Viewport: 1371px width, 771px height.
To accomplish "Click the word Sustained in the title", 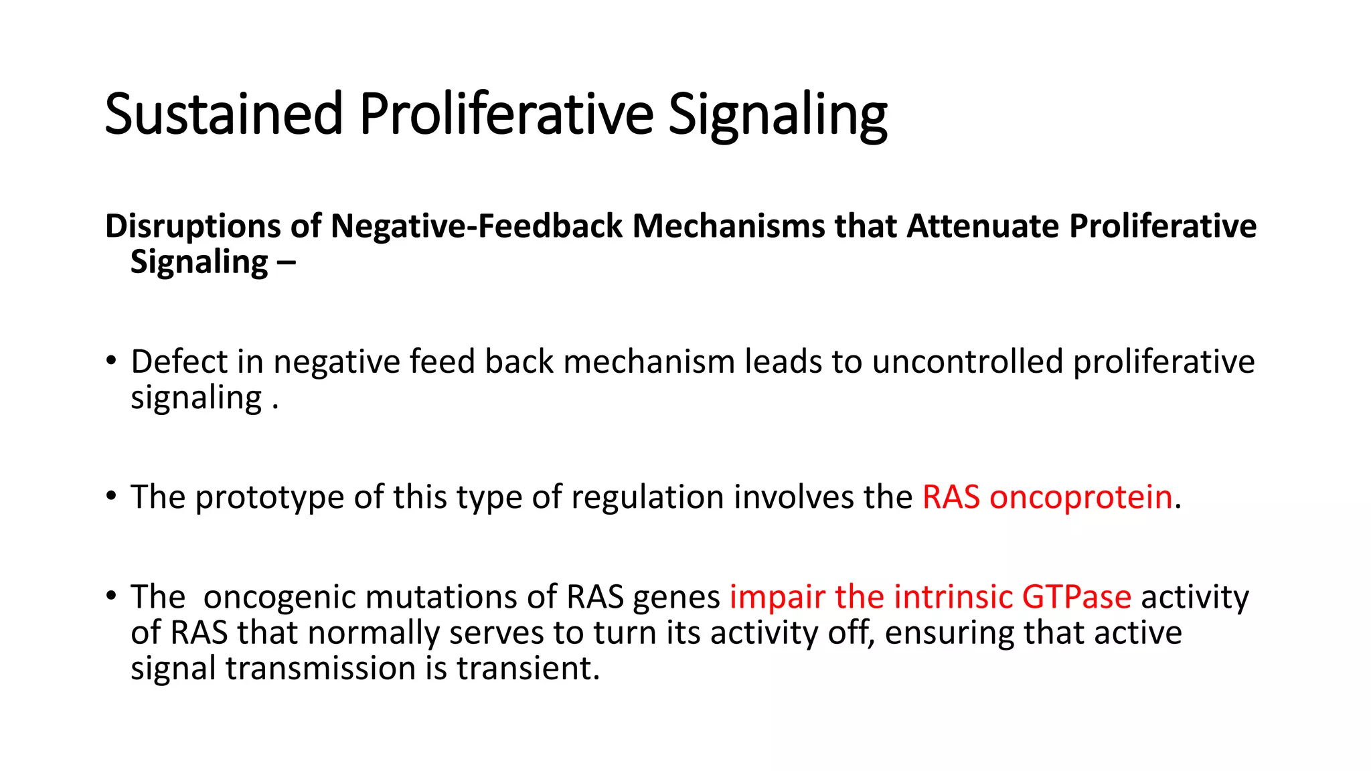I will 224,114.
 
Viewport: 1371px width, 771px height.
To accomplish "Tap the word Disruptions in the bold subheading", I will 192,226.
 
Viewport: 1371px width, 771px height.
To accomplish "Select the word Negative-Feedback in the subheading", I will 477,226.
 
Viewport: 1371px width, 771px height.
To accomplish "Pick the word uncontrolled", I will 967,362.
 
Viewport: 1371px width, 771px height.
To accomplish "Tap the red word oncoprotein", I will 1080,497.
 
